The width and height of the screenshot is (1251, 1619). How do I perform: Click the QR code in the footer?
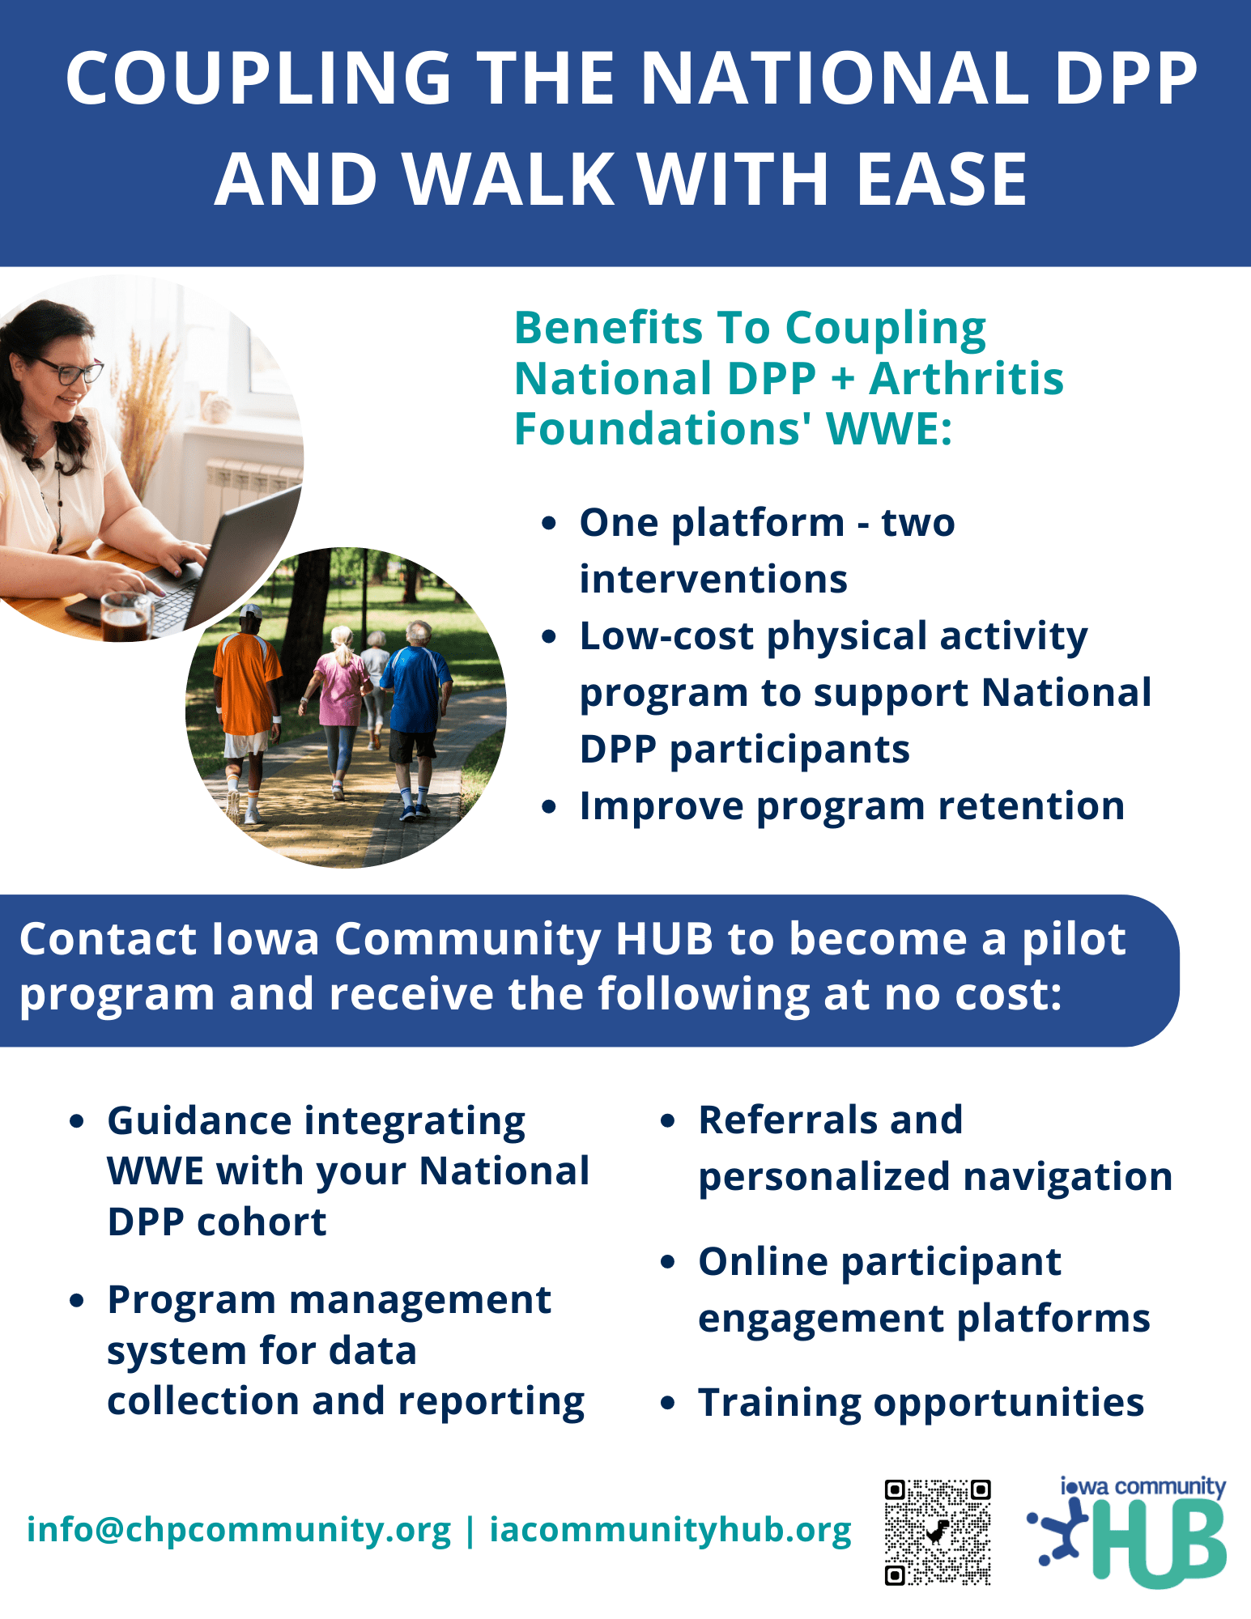tap(938, 1532)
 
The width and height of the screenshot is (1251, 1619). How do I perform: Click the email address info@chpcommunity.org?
tap(238, 1529)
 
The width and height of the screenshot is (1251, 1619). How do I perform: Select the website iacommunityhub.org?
tap(670, 1529)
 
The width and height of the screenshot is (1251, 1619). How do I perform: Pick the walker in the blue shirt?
tap(415, 696)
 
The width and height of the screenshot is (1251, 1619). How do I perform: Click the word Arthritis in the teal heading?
tap(965, 379)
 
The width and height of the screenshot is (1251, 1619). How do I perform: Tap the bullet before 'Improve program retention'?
tap(550, 807)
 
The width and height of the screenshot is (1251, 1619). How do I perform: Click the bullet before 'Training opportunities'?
tap(668, 1403)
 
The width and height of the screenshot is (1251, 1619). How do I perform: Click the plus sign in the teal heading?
tap(842, 379)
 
